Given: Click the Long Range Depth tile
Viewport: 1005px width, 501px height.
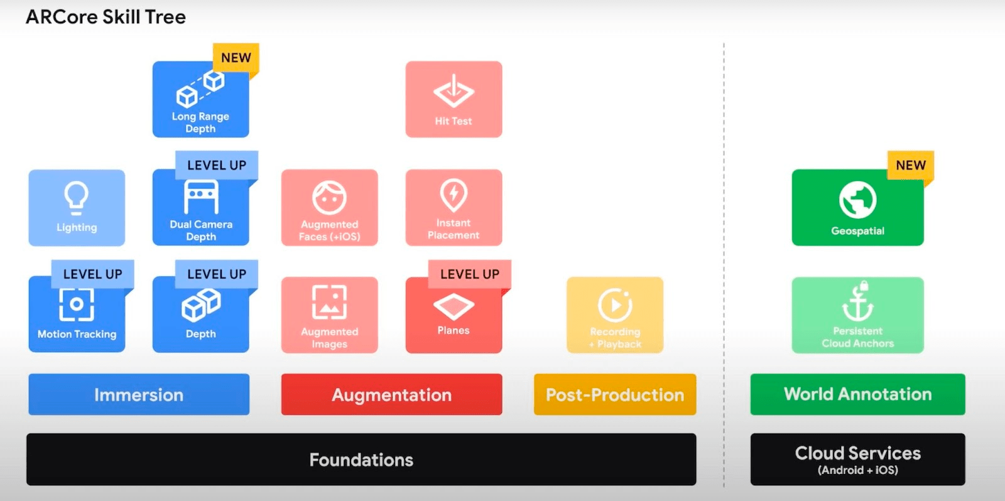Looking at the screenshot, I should click(x=200, y=100).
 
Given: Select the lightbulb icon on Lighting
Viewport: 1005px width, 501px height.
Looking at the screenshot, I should click(x=77, y=197).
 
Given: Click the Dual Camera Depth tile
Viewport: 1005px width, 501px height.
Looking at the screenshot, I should click(x=200, y=210).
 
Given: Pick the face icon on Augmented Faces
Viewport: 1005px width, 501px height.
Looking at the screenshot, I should click(x=329, y=198).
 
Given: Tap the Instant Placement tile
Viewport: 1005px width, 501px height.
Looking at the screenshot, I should click(x=454, y=207).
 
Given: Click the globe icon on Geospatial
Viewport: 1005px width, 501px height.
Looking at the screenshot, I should click(x=857, y=200).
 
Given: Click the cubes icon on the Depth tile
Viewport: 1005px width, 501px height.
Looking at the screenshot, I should click(x=201, y=304).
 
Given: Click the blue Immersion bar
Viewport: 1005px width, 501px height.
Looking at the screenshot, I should click(x=139, y=394).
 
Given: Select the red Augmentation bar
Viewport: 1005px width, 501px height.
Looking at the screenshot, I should click(x=391, y=394).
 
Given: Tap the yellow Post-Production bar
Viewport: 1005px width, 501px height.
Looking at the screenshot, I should click(x=614, y=394).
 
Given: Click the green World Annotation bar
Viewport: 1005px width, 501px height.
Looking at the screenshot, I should click(x=857, y=394).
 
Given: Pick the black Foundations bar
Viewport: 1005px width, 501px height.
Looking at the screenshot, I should click(x=361, y=460).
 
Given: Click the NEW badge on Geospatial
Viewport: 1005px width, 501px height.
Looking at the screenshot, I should click(x=910, y=165).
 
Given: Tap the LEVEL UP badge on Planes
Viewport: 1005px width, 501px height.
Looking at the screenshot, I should click(x=469, y=274).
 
